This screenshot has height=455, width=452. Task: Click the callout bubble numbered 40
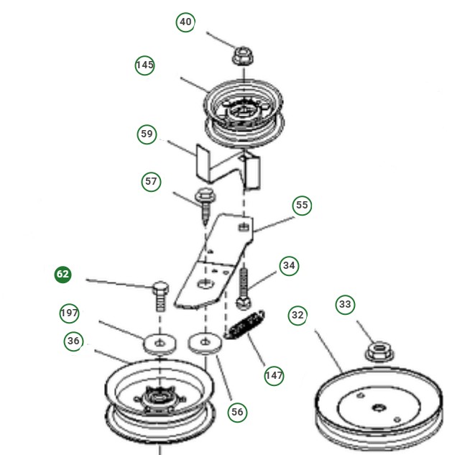[x=185, y=22]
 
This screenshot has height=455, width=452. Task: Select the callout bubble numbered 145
[x=145, y=65]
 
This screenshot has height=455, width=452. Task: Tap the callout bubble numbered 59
[x=147, y=134]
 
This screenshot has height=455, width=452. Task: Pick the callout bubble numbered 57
[x=151, y=182]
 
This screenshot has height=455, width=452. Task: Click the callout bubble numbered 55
[x=302, y=206]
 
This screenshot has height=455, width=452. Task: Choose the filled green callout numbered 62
[x=63, y=275]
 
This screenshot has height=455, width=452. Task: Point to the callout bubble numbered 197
[x=69, y=313]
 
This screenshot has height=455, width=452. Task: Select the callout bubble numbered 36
[x=73, y=341]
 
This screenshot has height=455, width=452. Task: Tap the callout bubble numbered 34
[x=289, y=266]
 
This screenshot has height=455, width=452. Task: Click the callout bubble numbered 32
[x=298, y=315]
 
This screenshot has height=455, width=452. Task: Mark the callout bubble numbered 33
[x=346, y=305]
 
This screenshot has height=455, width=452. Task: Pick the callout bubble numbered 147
[x=273, y=375]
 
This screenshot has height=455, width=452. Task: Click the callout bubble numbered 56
[x=237, y=411]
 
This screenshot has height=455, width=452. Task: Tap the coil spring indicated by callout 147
[x=245, y=324]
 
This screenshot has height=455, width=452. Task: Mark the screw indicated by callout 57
[x=203, y=199]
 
